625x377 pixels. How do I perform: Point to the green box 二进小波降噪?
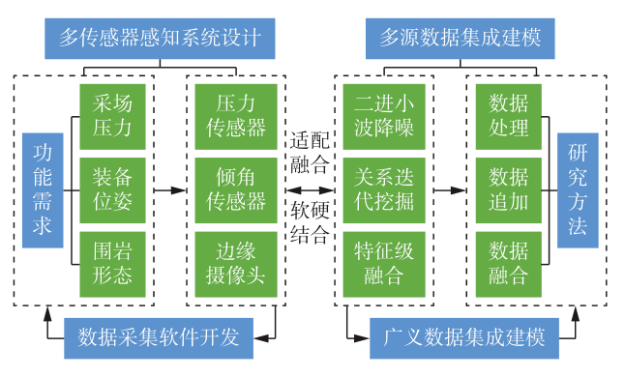pos(383,114)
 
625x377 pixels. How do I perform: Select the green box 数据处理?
pos(508,114)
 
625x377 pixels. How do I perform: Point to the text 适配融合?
pos(310,150)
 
